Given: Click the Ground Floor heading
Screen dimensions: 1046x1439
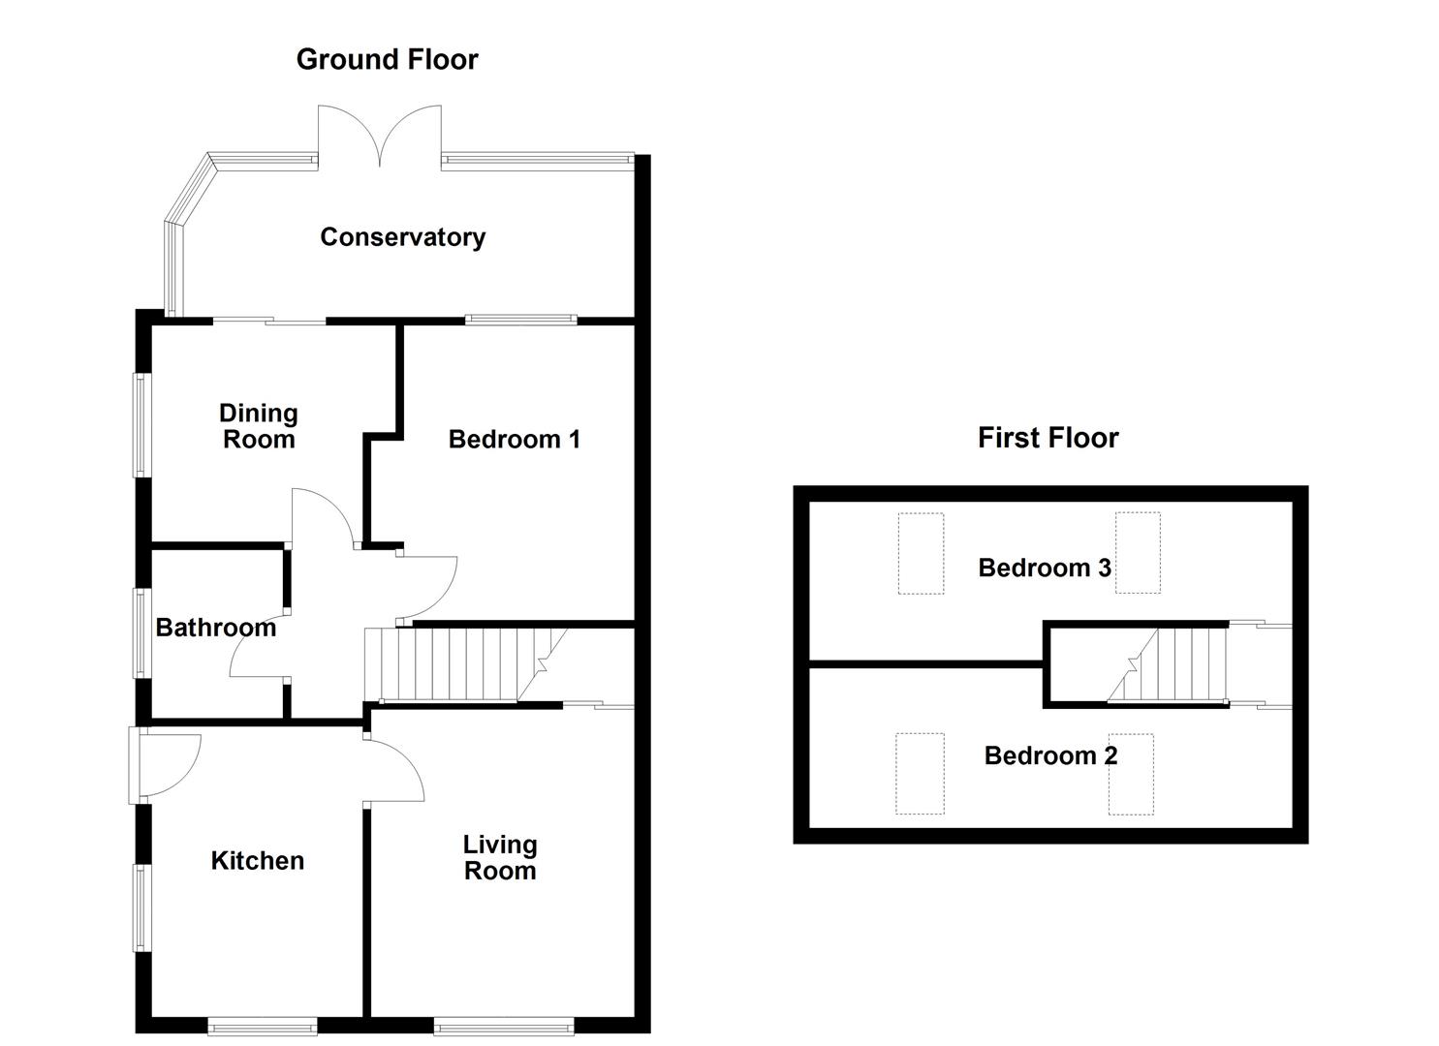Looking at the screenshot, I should click(387, 60).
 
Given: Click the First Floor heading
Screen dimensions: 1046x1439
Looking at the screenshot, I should click(1048, 438).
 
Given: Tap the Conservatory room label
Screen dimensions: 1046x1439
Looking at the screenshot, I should click(402, 237).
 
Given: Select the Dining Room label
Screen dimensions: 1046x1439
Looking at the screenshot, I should click(259, 426).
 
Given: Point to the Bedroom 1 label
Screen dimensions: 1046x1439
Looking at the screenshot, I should click(514, 440).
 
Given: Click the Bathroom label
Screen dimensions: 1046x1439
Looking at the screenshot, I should click(215, 628).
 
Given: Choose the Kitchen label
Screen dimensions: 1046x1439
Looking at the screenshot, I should click(257, 861).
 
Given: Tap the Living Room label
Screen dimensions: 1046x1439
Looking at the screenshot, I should click(499, 857).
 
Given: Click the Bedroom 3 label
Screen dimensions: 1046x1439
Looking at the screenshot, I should click(1044, 568).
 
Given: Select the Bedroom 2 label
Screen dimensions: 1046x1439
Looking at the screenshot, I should click(1050, 755).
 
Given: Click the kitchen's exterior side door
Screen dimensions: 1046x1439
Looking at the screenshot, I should click(162, 765).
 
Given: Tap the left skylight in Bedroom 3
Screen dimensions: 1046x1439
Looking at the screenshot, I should click(920, 553).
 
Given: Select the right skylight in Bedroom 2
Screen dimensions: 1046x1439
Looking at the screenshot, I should click(1131, 774).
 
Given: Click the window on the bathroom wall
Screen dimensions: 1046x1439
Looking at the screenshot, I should click(141, 631).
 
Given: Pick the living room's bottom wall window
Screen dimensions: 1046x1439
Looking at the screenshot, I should click(503, 1024).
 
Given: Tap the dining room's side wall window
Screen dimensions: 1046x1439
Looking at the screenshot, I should click(141, 425).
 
